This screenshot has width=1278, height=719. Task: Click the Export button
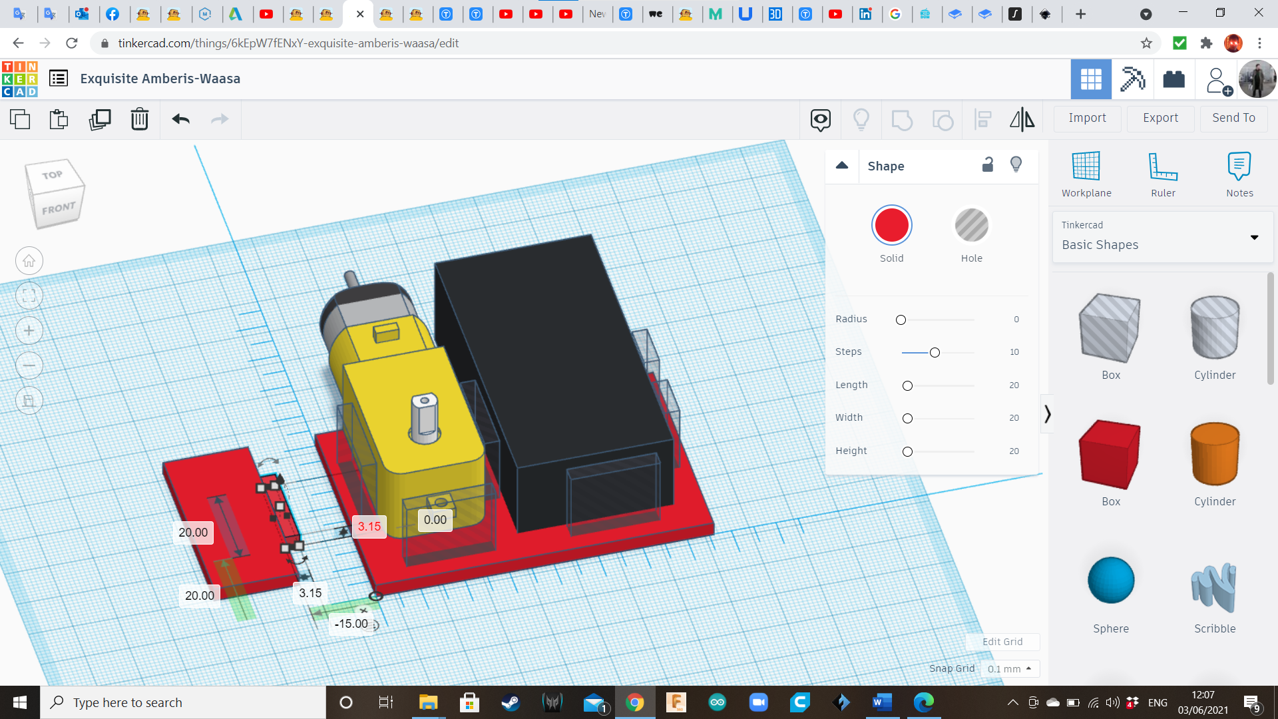[x=1160, y=118]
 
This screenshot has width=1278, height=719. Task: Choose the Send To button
[x=1233, y=118]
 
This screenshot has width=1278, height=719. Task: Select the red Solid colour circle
[x=891, y=226]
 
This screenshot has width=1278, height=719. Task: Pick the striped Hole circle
[x=971, y=226]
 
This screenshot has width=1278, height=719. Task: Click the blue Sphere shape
[x=1110, y=581]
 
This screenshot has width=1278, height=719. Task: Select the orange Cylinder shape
[x=1215, y=453]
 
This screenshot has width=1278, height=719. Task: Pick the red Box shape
[x=1110, y=453]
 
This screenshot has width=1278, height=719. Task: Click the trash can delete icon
[x=139, y=119]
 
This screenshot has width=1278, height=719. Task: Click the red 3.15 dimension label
[x=369, y=527]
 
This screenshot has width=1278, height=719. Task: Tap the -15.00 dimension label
[x=351, y=624]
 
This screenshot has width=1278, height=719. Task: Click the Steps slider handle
[x=935, y=352]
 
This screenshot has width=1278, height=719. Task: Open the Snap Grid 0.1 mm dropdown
[x=1009, y=669]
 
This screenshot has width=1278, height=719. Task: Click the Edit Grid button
[x=1002, y=642]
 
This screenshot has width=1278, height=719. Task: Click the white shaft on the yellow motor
[x=425, y=419]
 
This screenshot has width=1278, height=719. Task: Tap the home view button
[x=29, y=261]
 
